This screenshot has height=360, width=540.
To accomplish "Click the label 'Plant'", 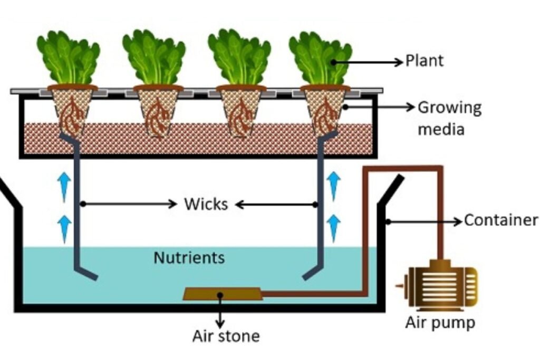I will [x=425, y=61].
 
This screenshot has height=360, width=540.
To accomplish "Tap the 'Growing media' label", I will [x=449, y=118].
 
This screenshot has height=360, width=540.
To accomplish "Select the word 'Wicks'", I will [x=206, y=204].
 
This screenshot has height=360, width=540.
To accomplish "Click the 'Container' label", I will [x=500, y=220].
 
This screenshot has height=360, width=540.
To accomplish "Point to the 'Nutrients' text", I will [x=189, y=258].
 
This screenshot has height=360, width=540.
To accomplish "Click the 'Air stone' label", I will [x=226, y=336].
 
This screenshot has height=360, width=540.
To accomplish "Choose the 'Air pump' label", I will [x=440, y=323].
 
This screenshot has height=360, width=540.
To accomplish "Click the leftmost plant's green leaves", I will [x=68, y=56].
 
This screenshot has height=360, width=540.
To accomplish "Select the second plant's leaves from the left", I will [x=153, y=56].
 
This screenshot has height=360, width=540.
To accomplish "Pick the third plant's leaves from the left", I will [x=239, y=56].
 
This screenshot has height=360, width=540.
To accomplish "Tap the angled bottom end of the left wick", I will [x=88, y=273].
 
